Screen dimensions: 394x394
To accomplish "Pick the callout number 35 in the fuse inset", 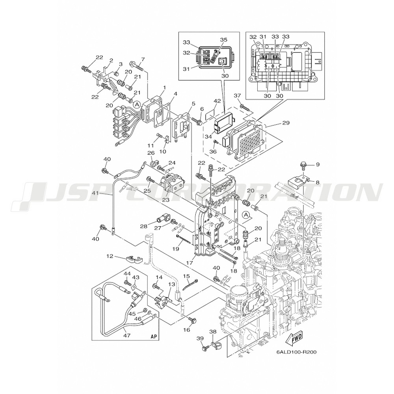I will pos(223,40).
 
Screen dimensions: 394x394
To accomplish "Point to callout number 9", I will pos(318,164).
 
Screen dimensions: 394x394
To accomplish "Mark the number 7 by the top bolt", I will pos(143,59).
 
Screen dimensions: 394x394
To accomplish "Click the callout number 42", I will pos(216,101).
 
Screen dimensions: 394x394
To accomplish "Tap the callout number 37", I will pos(237,96).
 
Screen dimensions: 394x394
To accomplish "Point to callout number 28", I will pos(143,227).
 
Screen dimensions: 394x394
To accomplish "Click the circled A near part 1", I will pos(136,104).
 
